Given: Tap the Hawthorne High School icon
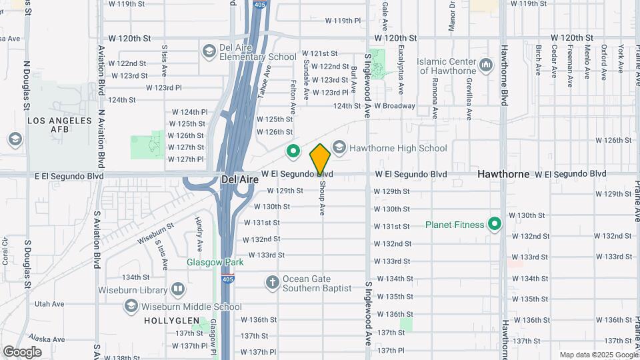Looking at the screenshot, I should [x=339, y=148].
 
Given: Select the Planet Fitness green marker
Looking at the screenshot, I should [x=495, y=224].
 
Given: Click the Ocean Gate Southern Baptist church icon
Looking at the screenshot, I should [x=272, y=283].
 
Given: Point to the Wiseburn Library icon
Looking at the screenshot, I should [x=177, y=289].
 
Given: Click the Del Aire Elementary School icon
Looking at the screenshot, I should [x=209, y=51].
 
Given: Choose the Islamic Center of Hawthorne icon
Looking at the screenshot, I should [x=485, y=65].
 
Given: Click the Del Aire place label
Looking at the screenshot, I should [x=237, y=180].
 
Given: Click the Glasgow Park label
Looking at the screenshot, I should [x=215, y=262].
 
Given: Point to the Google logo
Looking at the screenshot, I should [x=22, y=351].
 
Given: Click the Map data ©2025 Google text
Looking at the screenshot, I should [x=598, y=355].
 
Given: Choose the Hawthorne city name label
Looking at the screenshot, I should [x=503, y=174].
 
